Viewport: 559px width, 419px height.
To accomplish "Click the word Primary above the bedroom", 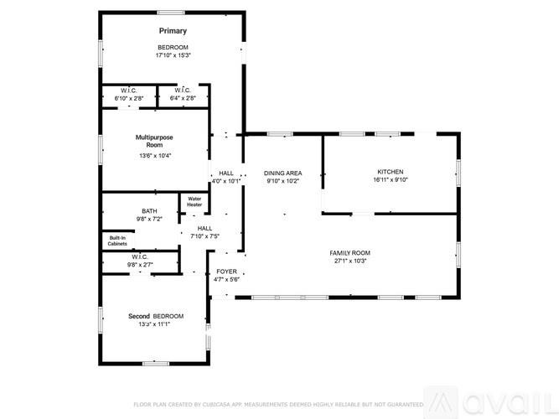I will point(173,31).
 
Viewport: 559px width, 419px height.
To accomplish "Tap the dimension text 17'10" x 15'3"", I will point(173,55).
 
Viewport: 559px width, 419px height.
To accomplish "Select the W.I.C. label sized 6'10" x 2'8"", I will point(128,91).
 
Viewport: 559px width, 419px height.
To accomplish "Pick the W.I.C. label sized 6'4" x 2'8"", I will point(183,91).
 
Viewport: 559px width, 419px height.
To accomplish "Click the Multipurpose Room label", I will point(154,141).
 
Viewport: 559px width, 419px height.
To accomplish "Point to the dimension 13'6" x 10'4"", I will point(154,155).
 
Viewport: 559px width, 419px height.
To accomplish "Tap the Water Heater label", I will point(194,202).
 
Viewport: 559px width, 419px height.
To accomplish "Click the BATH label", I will point(149,211).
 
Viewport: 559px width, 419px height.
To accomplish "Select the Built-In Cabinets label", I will point(117,241).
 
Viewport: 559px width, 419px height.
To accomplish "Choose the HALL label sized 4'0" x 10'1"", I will point(225,173).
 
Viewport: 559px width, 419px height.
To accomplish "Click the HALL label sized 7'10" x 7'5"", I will point(204,228).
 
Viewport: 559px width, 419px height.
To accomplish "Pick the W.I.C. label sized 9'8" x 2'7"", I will point(139,257).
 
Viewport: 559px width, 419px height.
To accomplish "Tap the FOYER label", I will point(227,272).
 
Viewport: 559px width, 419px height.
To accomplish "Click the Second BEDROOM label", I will point(155,316).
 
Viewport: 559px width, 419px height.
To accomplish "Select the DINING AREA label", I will point(282,173).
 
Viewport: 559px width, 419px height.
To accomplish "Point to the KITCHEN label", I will point(390,172).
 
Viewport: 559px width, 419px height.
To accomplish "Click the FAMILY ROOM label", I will point(351,253).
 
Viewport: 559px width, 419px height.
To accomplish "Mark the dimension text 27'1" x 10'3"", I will point(351,261).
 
